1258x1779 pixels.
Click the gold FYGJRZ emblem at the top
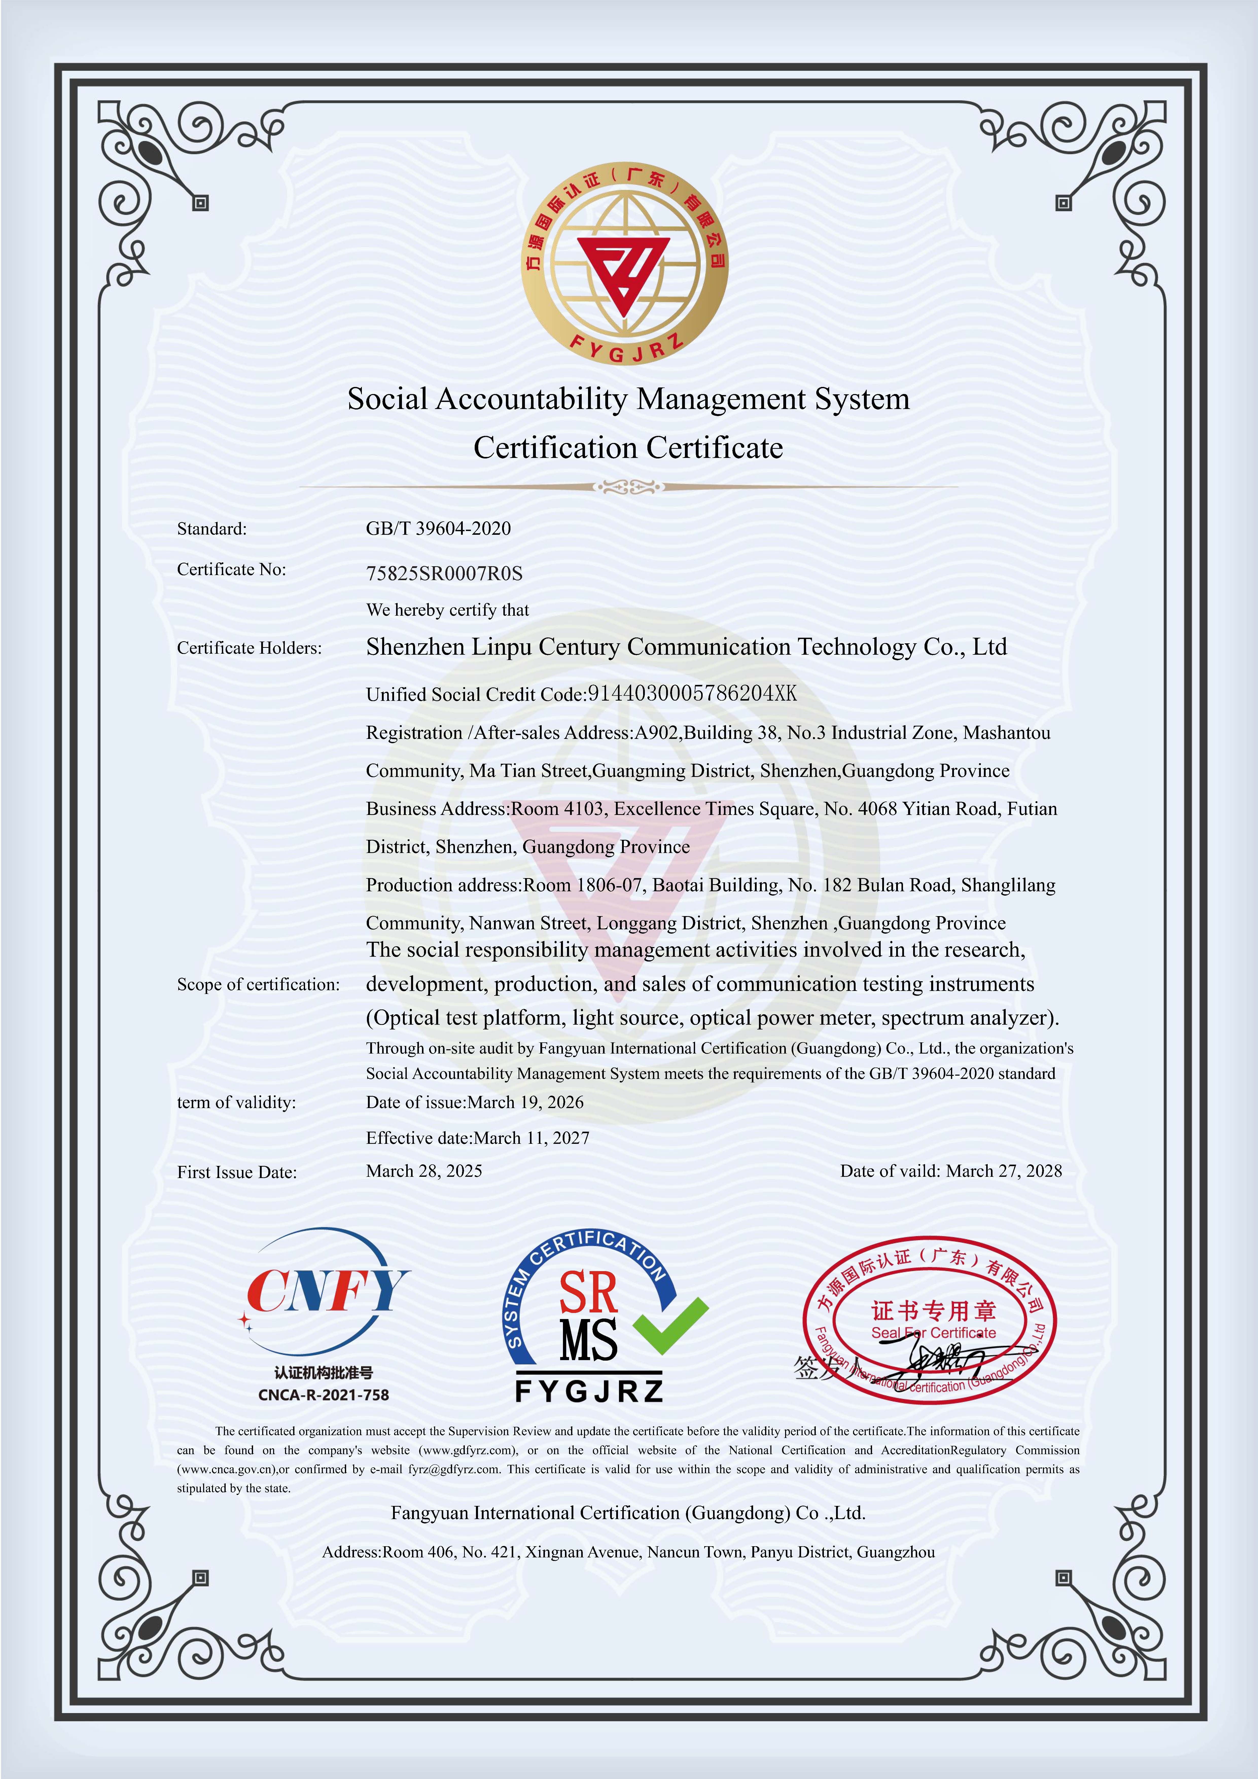625,263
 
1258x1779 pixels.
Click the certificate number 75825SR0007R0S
444,573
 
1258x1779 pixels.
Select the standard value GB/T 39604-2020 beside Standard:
438,528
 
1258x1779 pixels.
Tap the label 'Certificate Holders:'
249,648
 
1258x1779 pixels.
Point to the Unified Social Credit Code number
692,693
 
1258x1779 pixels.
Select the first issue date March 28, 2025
424,1171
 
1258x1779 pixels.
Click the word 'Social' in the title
387,399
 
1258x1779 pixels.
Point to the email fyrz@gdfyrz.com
453,1469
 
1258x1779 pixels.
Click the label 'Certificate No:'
231,570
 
